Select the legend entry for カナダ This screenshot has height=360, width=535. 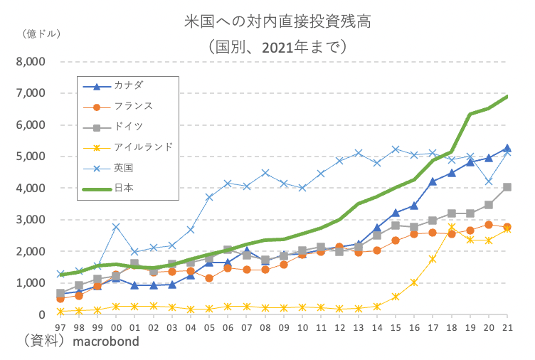(128, 86)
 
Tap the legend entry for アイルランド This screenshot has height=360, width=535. (142, 147)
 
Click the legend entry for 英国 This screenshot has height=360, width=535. (124, 168)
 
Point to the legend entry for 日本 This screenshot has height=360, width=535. (124, 189)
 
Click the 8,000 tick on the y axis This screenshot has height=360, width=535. (31, 62)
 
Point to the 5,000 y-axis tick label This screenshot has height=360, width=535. (31, 157)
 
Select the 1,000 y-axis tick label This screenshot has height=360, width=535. (31, 283)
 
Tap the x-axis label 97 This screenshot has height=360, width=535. (60, 327)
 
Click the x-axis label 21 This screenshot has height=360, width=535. (507, 327)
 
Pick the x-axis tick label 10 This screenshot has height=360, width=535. (302, 327)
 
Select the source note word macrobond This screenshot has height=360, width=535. (107, 341)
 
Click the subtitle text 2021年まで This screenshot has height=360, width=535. (294, 48)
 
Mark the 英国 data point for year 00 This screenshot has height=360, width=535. (116, 227)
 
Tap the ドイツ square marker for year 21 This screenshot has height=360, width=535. (507, 187)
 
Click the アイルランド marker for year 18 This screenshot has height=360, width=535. (451, 228)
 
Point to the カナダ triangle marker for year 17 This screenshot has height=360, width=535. (433, 181)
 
